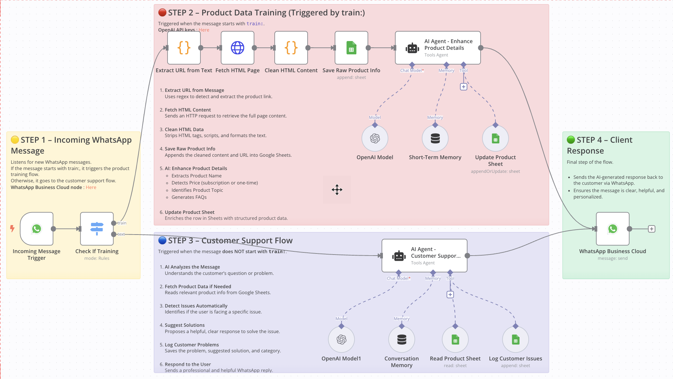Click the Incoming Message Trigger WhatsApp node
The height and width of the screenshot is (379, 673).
[36, 229]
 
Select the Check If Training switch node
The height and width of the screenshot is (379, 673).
[97, 229]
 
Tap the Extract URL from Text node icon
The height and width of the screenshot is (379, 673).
[184, 48]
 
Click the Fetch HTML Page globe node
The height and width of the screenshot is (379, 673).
[238, 48]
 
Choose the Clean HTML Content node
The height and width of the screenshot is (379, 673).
[291, 48]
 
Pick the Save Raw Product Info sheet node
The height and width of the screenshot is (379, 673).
[351, 48]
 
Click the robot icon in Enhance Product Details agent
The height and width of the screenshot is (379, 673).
[412, 48]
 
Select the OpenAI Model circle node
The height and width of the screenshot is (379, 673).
[375, 138]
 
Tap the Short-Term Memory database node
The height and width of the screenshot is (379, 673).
[435, 138]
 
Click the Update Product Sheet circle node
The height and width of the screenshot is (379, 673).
[495, 138]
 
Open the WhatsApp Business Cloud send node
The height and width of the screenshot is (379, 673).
[613, 229]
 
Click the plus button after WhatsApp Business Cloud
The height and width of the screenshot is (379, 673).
[652, 229]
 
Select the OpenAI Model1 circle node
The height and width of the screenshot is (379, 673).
[341, 339]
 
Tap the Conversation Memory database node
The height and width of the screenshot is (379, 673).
[401, 339]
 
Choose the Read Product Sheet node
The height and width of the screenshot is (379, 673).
[455, 339]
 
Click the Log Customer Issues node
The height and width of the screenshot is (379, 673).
[515, 339]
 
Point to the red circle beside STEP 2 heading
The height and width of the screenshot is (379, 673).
[162, 13]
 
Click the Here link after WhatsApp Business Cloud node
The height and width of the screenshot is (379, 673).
[91, 188]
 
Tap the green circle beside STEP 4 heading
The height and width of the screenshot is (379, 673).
[571, 140]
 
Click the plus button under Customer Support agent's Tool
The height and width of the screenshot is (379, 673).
[450, 295]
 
